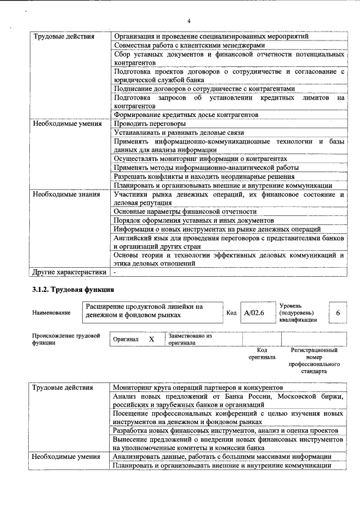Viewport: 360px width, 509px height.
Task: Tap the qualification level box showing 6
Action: point(337,313)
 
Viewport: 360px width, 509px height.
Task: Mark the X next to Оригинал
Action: point(151,340)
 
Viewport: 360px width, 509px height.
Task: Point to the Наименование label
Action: point(51,313)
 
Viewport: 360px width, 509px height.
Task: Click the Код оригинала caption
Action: point(262,353)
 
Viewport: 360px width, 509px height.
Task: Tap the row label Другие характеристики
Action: point(69,272)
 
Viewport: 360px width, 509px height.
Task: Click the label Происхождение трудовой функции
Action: point(62,339)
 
